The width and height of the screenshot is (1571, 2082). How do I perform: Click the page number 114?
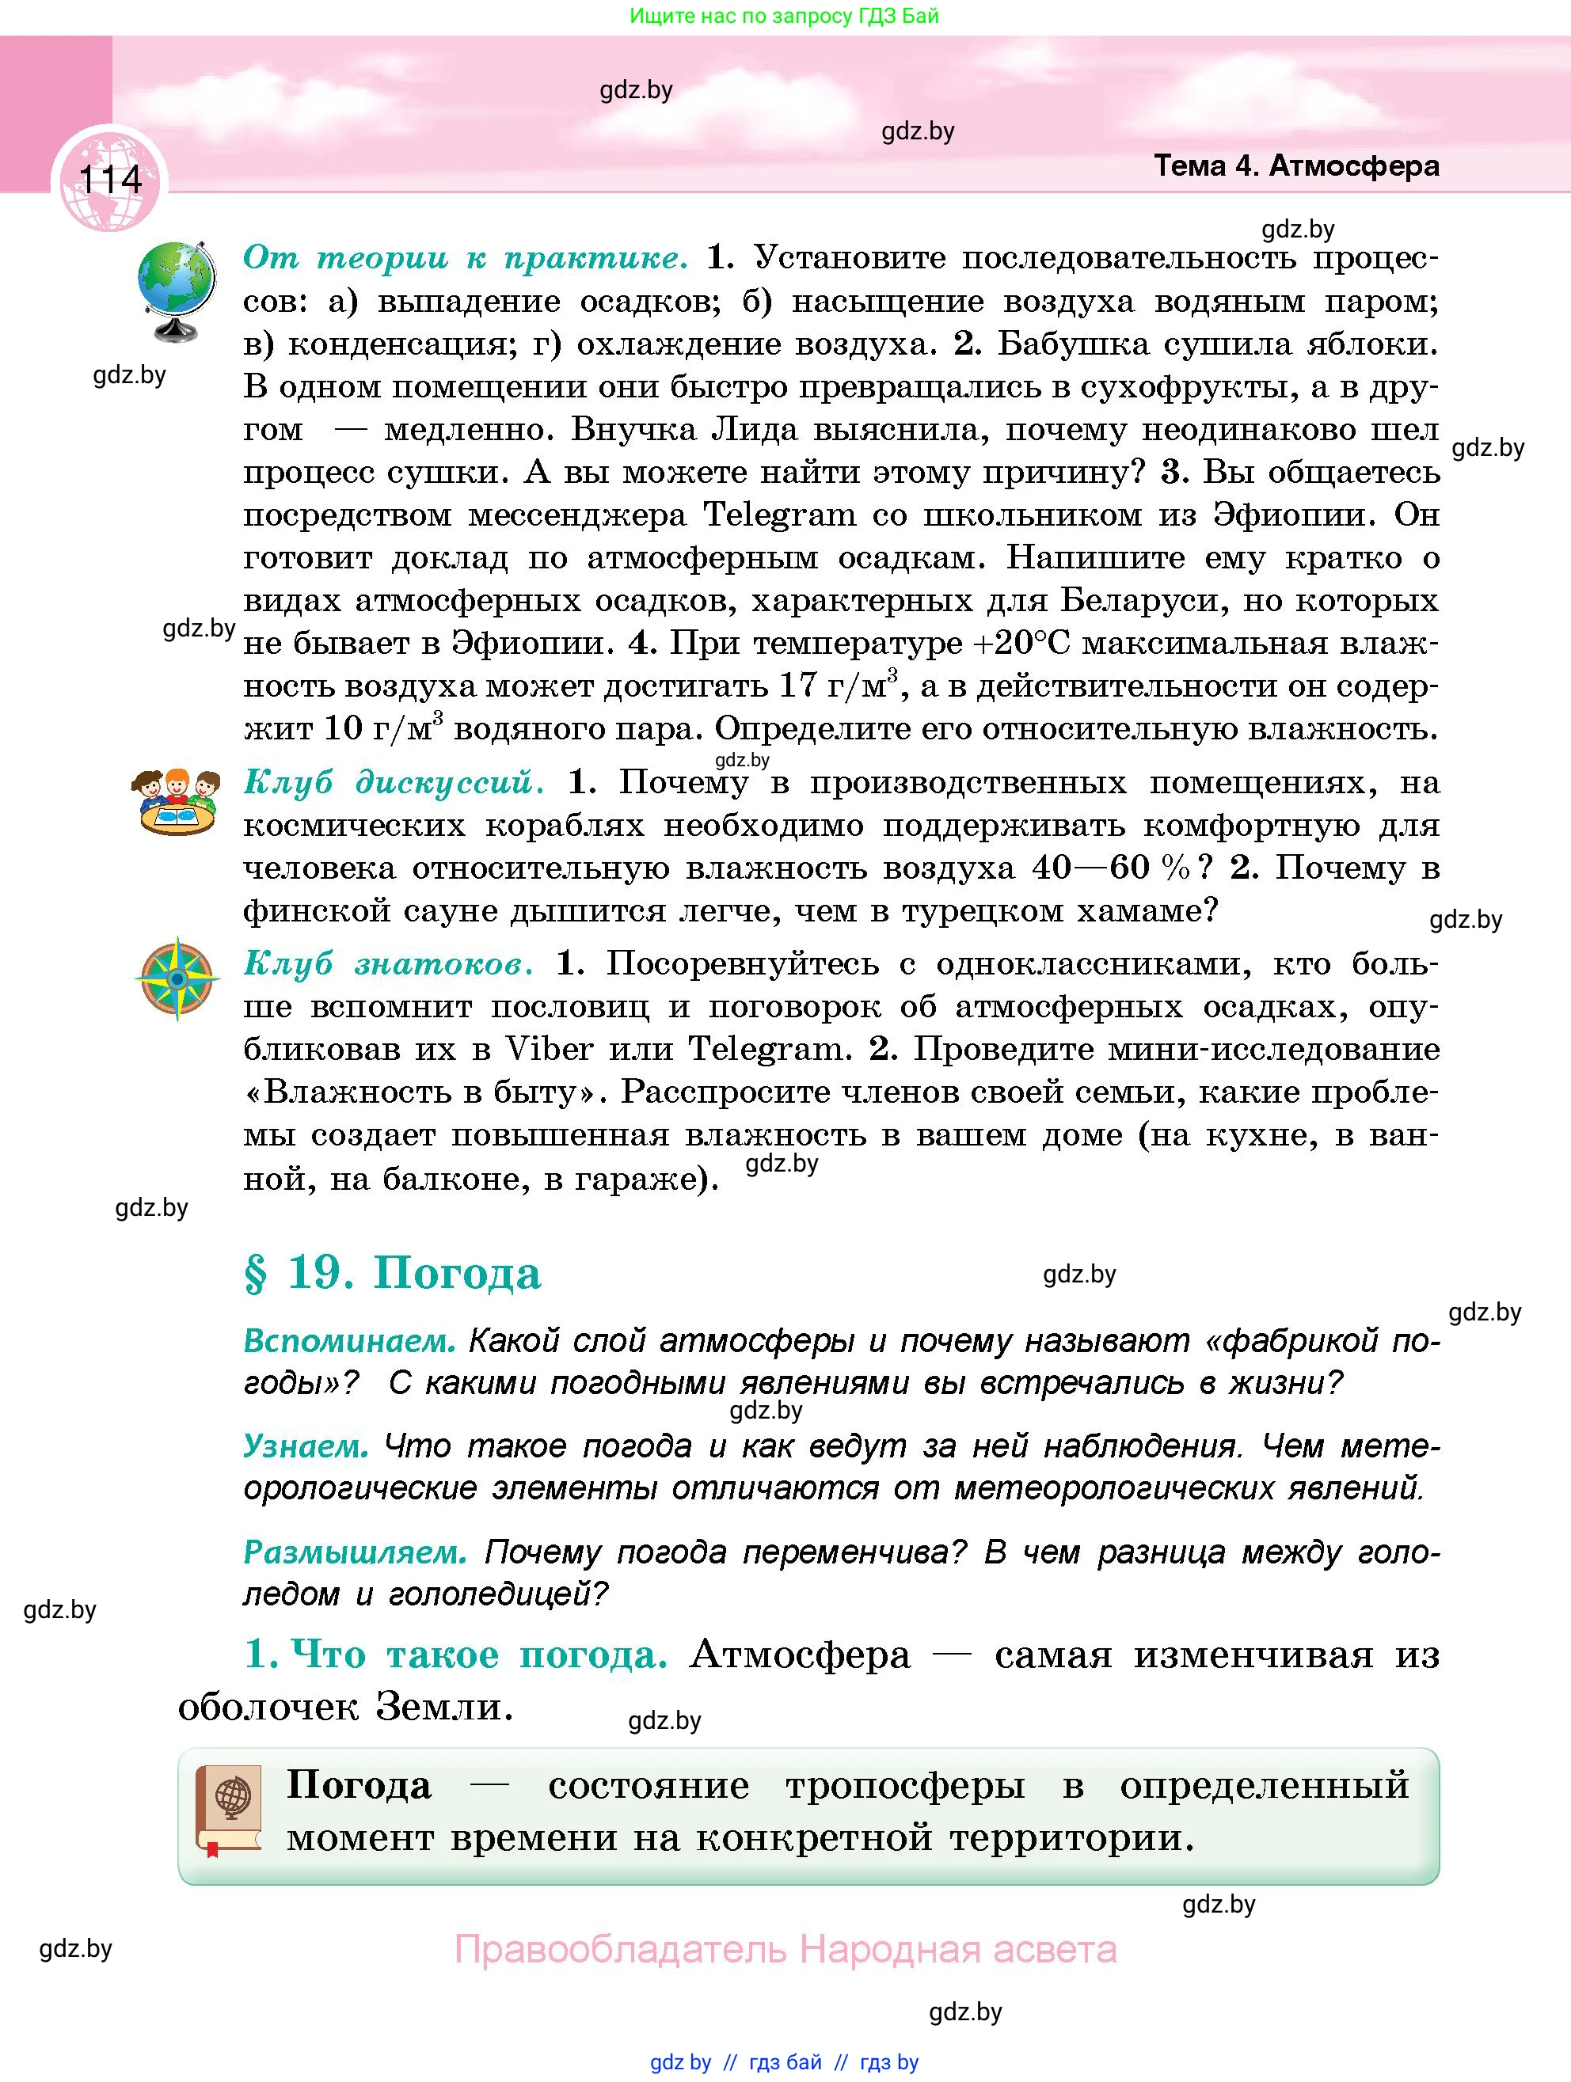(x=110, y=179)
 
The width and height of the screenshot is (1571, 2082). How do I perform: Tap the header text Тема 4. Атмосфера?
(x=1296, y=166)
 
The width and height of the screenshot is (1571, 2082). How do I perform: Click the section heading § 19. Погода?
(x=393, y=1274)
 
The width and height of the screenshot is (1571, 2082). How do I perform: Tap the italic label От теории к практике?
(x=465, y=257)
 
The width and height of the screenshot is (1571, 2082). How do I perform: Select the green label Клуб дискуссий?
(x=394, y=782)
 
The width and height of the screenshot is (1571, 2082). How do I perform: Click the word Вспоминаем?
(x=349, y=1340)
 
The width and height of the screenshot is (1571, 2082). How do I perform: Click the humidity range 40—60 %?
(x=1111, y=867)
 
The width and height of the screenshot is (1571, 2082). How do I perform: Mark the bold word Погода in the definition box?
(x=359, y=1784)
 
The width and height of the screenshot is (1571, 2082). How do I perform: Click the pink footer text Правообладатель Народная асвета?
(x=785, y=1948)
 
